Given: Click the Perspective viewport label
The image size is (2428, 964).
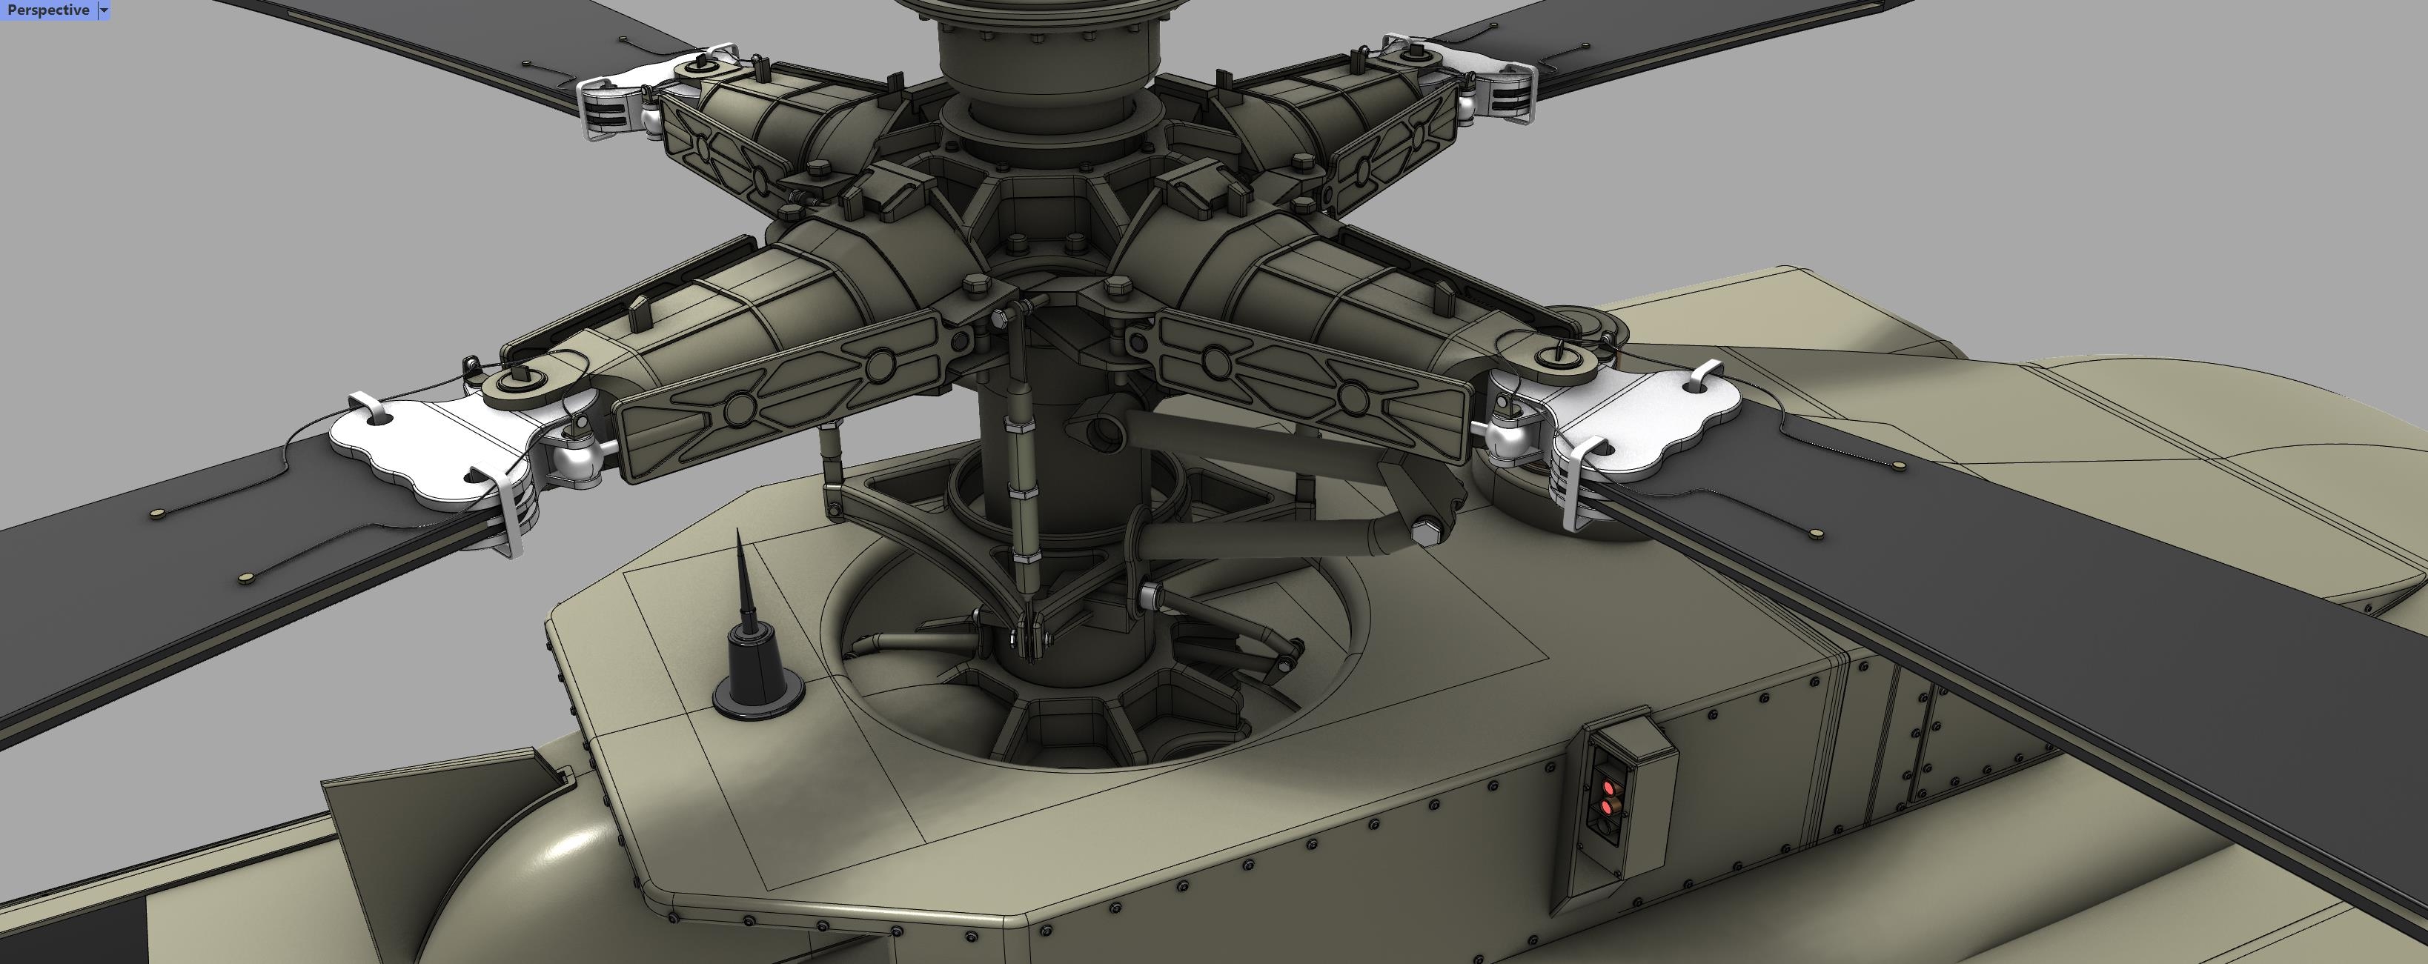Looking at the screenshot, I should pos(47,10).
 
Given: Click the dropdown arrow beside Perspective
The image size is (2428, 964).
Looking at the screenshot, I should pos(104,10).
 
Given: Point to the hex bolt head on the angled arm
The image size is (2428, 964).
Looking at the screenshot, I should pos(1425,533).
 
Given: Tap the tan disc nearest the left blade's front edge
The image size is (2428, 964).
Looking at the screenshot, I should pos(247,576).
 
